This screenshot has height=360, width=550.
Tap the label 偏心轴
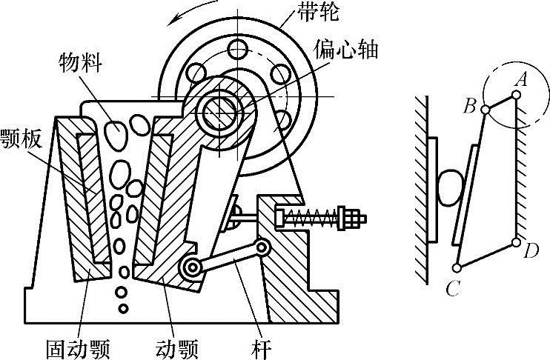[356, 51]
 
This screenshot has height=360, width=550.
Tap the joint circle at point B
[486, 110]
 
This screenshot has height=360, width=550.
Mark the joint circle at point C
[457, 267]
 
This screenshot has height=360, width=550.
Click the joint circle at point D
[516, 241]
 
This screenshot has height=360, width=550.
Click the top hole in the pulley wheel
[237, 50]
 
